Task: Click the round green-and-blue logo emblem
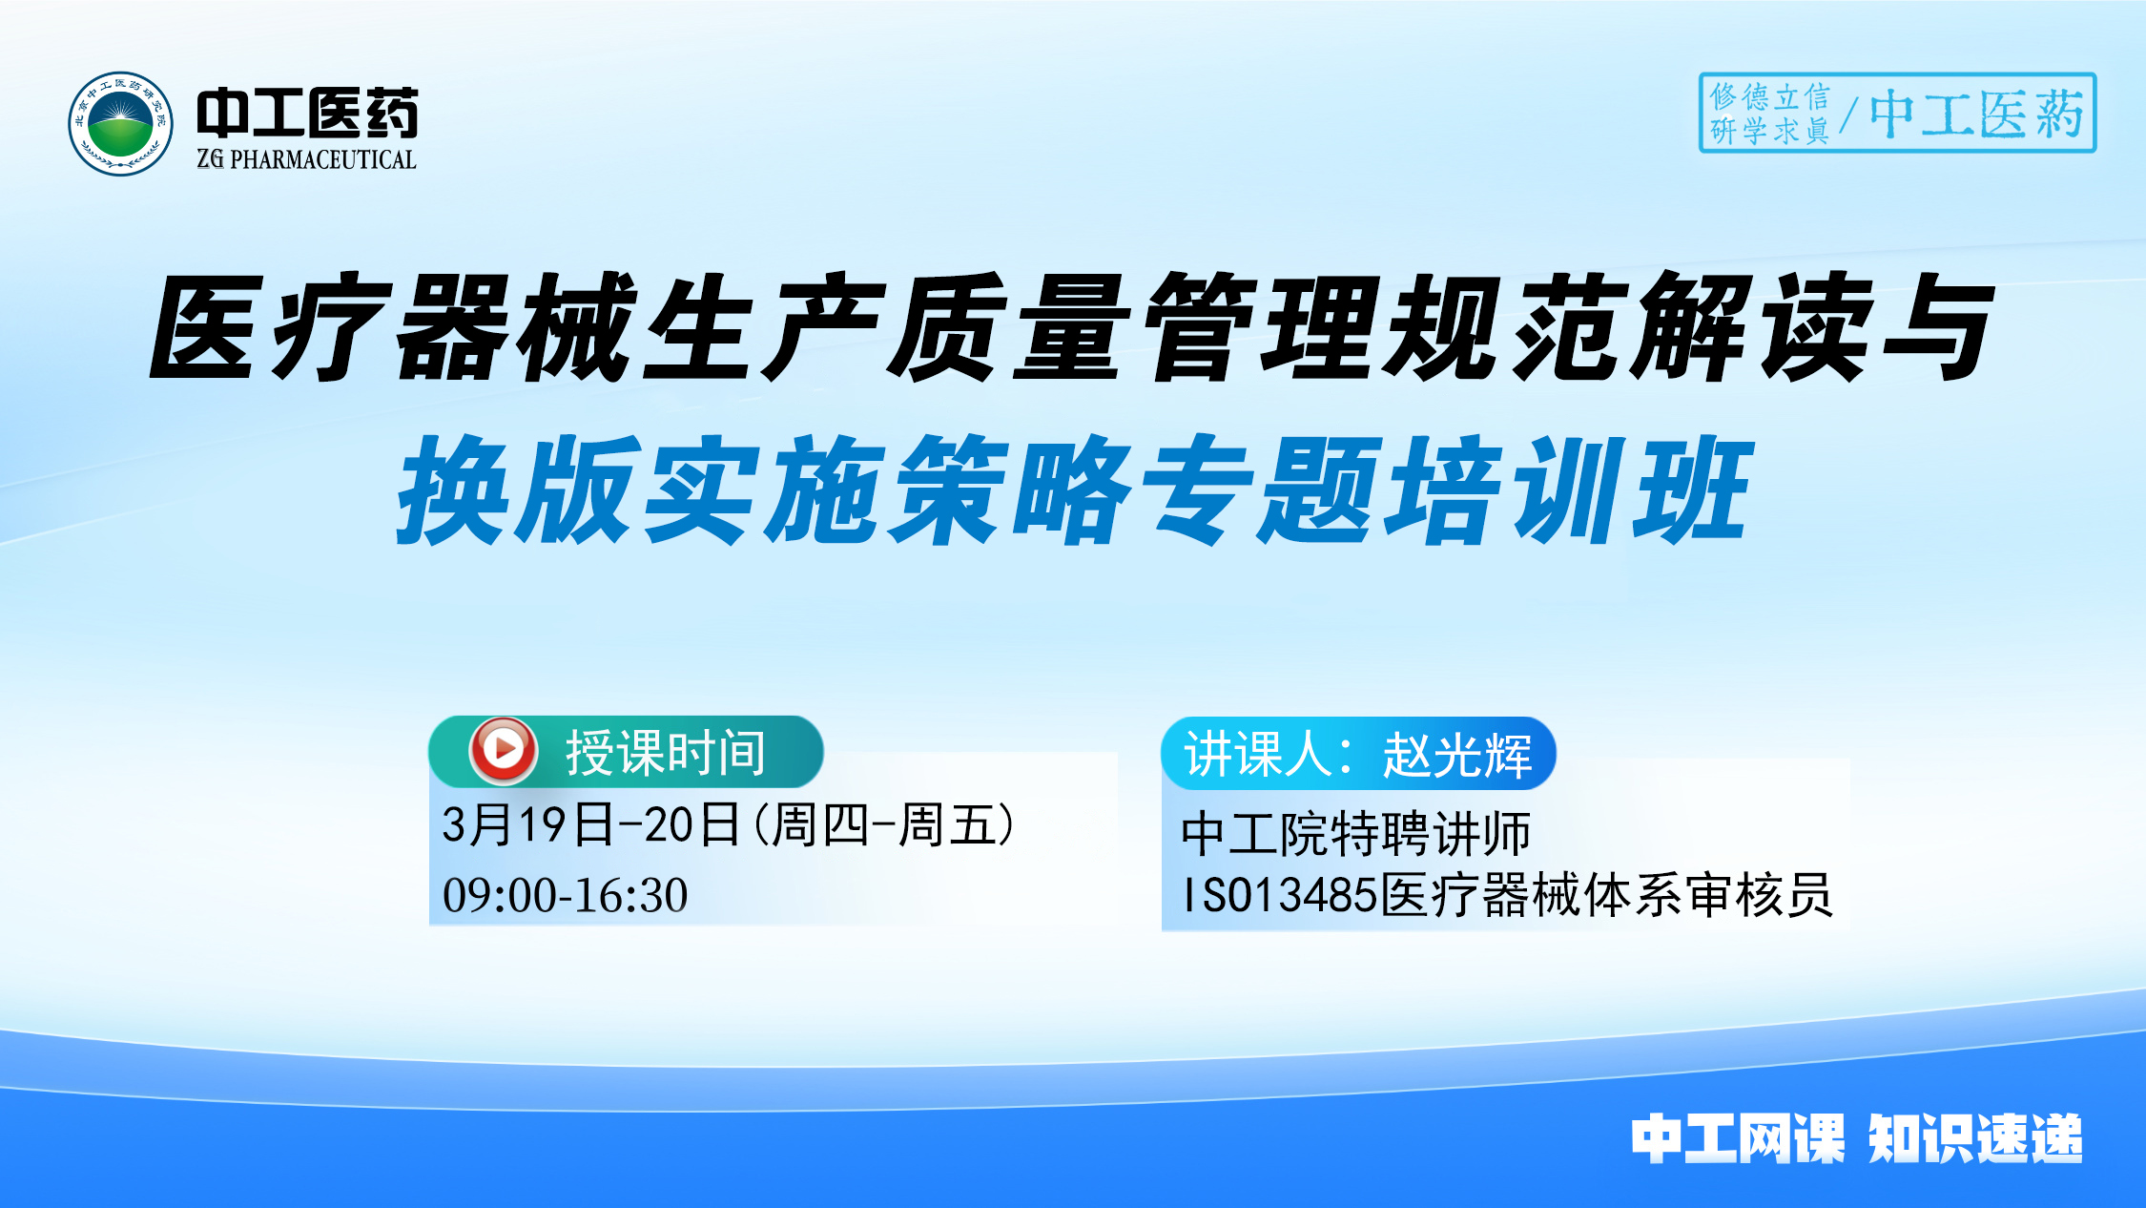[120, 124]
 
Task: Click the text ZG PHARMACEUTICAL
[306, 159]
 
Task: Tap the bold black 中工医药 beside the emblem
[307, 114]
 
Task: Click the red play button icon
[503, 750]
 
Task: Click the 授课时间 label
[666, 753]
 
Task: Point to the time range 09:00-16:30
[565, 895]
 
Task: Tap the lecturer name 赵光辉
[1457, 755]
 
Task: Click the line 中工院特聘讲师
[1355, 833]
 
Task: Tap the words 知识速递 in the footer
[1974, 1138]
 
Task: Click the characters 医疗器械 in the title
[391, 327]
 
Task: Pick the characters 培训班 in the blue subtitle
[1564, 490]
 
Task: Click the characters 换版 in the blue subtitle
[515, 490]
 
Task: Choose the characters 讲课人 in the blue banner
[1258, 755]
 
